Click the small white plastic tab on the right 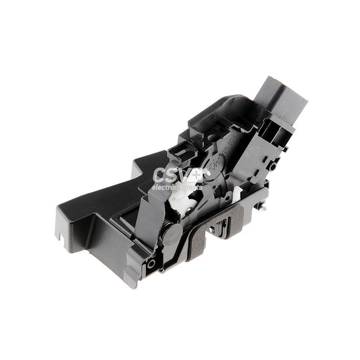[236, 194]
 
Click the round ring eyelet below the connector [273, 166]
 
